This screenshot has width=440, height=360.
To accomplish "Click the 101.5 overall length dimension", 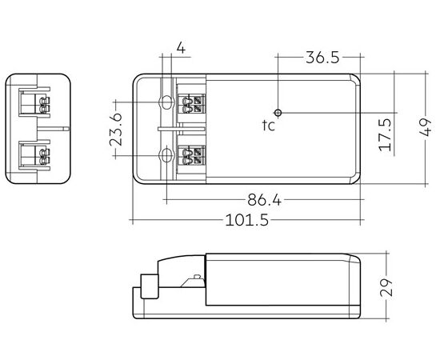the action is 247,220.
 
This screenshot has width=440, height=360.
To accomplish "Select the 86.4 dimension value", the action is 264,200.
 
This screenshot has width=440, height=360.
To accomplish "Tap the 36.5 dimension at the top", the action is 322,58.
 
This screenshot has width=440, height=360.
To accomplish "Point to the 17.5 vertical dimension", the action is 385,135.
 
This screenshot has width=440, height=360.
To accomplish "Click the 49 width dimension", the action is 426,127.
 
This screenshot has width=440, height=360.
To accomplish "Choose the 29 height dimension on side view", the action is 386,287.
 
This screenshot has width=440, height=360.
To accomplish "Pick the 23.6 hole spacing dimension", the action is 116,129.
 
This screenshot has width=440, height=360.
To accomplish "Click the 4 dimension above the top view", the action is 181,48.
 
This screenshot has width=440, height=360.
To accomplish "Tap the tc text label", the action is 269,126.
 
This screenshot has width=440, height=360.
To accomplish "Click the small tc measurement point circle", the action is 278,113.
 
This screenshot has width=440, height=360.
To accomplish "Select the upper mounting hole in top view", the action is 166,102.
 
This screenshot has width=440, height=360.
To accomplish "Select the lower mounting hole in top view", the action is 166,155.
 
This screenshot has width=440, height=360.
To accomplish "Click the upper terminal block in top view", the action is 192,104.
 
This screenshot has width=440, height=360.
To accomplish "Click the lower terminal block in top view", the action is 192,156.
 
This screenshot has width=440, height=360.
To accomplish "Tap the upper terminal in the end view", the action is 34,102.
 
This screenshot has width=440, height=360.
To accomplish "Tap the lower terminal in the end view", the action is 34,155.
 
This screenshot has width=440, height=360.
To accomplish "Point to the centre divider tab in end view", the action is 53,129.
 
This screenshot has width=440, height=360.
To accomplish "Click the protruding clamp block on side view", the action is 150,286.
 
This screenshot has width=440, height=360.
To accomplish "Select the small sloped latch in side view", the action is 193,281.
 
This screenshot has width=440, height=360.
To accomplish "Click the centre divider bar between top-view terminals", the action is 182,129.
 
